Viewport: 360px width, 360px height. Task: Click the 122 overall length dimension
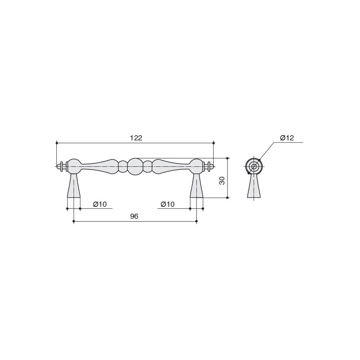(x=136, y=138)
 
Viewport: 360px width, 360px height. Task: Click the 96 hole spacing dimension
(x=134, y=216)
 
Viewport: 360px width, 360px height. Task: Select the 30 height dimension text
(x=222, y=181)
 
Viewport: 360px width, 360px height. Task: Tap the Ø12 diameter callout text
(x=287, y=138)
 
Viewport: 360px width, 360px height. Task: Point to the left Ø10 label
(x=100, y=204)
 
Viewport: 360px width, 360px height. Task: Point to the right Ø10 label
(x=168, y=204)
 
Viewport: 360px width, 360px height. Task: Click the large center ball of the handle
(x=135, y=166)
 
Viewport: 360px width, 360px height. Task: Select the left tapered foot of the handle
(x=74, y=186)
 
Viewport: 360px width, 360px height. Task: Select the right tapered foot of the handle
(x=196, y=186)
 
